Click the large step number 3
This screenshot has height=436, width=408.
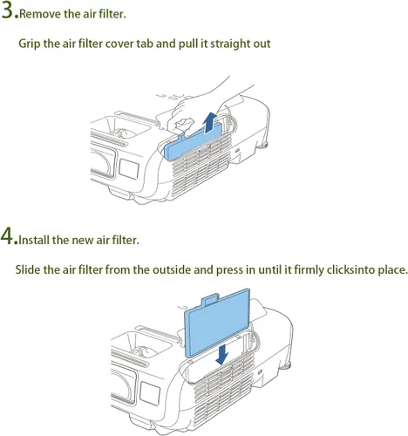click(7, 10)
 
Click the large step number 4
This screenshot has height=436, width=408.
click(7, 235)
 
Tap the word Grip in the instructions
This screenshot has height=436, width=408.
click(30, 44)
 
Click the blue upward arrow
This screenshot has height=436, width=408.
click(209, 122)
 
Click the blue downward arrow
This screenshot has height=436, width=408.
click(222, 355)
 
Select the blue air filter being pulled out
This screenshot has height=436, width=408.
click(194, 141)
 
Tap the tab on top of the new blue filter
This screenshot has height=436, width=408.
click(210, 299)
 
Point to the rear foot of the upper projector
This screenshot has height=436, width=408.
click(263, 145)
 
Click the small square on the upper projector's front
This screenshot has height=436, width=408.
click(129, 169)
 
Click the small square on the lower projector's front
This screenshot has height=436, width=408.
click(150, 393)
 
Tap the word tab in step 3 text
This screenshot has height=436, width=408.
click(145, 44)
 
